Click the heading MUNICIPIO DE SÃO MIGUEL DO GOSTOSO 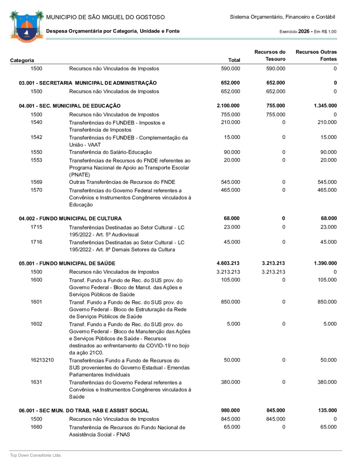(105, 17)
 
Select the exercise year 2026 (304, 31)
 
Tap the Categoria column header (22, 60)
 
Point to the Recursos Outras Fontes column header (316, 55)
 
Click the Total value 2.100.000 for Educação (228, 106)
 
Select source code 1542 (36, 137)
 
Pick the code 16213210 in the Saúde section (42, 360)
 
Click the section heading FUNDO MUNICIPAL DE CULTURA (70, 219)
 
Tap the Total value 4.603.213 (228, 263)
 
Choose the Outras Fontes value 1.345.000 (325, 106)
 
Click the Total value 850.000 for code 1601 (230, 302)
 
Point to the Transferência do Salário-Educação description (111, 152)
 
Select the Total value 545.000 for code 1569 (230, 182)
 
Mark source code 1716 (36, 242)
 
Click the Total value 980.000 (230, 411)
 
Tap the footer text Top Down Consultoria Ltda (36, 456)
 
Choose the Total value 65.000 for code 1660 (232, 427)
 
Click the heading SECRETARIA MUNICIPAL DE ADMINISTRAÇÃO (88, 83)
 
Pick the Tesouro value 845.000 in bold (276, 411)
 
